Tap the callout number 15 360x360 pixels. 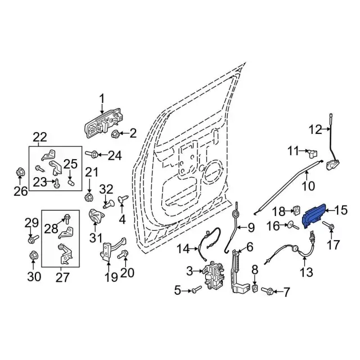(341, 211)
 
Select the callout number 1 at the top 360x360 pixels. (102, 100)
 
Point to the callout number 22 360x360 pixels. (40, 137)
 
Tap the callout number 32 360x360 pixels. (106, 188)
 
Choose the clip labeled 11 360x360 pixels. (313, 152)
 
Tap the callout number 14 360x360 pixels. (184, 248)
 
